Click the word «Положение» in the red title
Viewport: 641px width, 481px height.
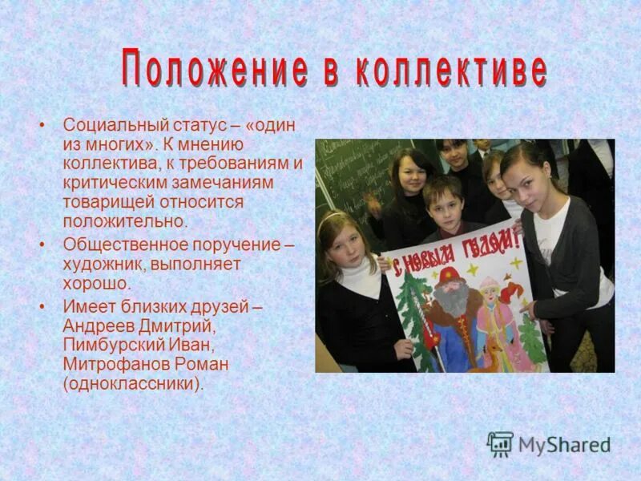(x=215, y=71)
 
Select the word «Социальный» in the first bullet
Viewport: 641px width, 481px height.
(x=112, y=126)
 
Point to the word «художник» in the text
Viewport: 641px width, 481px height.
(x=102, y=264)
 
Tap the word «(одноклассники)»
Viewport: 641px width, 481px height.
(x=133, y=384)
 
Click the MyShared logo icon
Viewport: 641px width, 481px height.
(x=500, y=443)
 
